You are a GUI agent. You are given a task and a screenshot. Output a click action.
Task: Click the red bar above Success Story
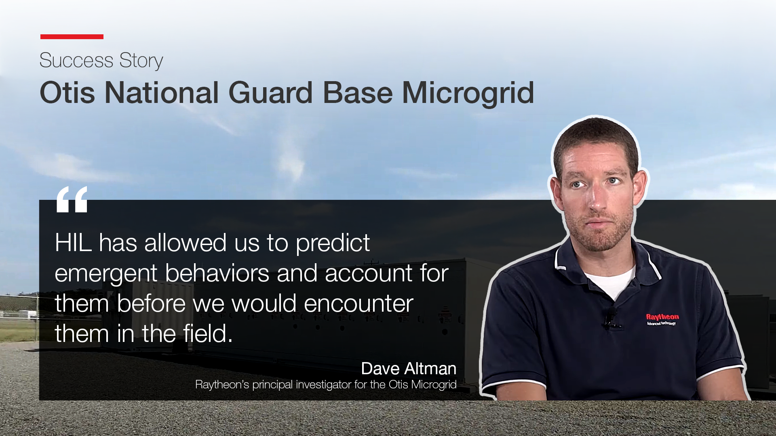coord(72,37)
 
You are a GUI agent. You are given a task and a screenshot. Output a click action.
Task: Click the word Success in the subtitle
coord(76,61)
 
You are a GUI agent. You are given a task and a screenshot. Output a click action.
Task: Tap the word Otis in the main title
coord(67,93)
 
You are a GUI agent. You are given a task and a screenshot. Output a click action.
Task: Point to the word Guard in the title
coord(270,93)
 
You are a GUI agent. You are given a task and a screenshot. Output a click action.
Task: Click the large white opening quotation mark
coord(72,199)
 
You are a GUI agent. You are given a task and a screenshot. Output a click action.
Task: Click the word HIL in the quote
coord(73,243)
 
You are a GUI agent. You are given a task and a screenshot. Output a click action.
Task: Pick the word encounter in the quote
coord(358,304)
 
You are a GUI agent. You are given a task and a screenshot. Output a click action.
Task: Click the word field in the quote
coord(205,333)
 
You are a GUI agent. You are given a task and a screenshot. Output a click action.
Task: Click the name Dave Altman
coord(409,369)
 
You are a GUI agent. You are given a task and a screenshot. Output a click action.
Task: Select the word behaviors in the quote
coord(217,273)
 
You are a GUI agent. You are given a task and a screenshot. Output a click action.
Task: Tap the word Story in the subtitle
coord(141,61)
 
